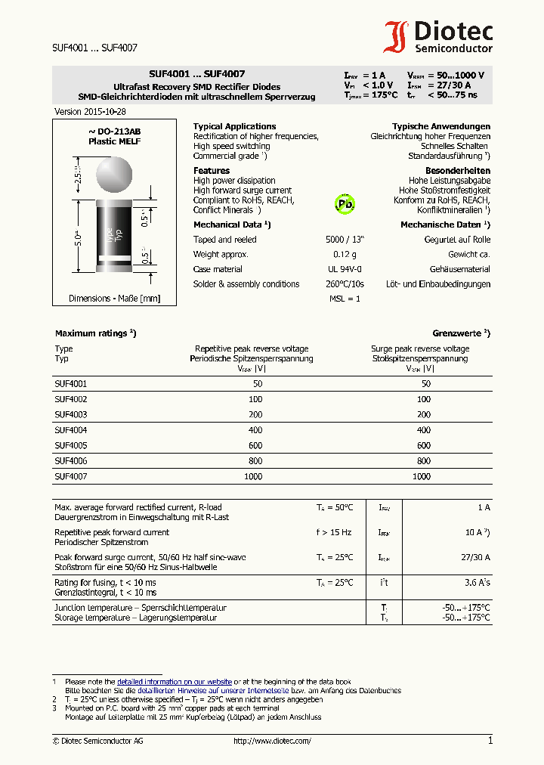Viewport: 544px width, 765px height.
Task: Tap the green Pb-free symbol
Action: point(345,203)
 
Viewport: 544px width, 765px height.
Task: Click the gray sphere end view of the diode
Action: point(113,173)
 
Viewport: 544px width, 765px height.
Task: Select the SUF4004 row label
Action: point(70,429)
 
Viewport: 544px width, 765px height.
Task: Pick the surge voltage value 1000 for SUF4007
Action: point(421,477)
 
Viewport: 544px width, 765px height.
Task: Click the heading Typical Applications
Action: point(234,126)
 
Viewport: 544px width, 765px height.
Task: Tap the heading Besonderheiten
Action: point(457,171)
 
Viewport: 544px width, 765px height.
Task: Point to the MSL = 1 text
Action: point(345,299)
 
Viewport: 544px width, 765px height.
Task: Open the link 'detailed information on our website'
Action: point(174,682)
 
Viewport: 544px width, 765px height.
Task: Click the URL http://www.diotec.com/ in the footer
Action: point(272,742)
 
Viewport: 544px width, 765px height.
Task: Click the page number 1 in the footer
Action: point(490,741)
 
